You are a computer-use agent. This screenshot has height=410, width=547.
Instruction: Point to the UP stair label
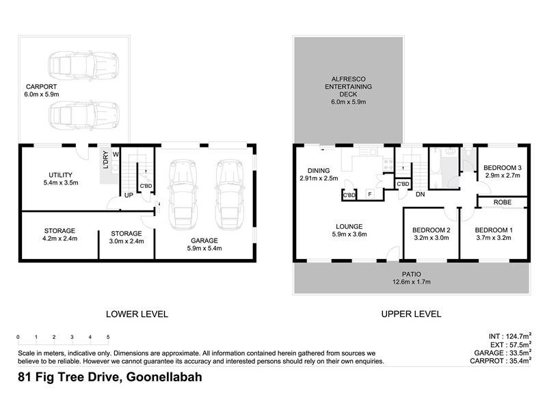pyautogui.click(x=128, y=195)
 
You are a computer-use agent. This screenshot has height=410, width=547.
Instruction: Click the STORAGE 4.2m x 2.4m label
pyautogui.click(x=51, y=235)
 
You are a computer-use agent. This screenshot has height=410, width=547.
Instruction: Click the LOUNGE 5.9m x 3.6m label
pyautogui.click(x=349, y=230)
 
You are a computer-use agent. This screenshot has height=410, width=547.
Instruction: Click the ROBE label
pyautogui.click(x=502, y=203)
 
